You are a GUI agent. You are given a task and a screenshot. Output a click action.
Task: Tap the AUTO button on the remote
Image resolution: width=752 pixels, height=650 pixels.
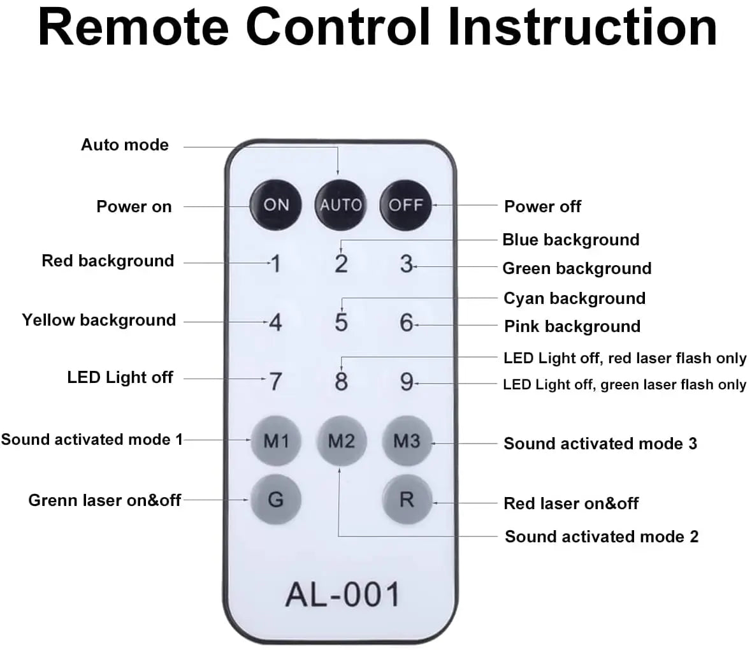[340, 205]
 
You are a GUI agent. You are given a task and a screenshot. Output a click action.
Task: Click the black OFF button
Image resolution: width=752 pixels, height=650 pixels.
[406, 205]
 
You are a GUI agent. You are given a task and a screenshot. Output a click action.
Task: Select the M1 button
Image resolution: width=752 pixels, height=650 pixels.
[276, 440]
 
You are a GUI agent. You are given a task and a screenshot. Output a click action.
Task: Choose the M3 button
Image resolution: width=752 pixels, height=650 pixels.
[407, 440]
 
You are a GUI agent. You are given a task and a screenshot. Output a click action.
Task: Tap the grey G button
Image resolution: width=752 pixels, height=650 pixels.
[275, 499]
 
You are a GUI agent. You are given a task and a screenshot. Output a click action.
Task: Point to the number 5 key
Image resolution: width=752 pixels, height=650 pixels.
[341, 322]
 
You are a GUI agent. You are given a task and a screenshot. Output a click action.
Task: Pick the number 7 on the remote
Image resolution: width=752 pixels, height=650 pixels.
[275, 381]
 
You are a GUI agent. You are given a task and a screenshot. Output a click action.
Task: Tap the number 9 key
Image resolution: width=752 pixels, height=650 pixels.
[407, 381]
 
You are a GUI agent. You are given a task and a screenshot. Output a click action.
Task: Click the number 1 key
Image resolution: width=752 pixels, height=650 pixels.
[275, 263]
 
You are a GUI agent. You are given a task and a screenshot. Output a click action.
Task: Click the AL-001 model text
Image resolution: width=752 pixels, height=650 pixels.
[342, 594]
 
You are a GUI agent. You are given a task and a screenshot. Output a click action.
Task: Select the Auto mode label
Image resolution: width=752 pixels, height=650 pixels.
[125, 145]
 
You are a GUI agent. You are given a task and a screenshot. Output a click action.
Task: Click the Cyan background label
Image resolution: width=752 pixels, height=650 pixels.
[574, 298]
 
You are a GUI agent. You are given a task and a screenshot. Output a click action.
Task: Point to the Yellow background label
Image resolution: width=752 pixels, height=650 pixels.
[99, 320]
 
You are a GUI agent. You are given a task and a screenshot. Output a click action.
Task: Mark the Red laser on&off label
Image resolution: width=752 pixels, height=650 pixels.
[571, 503]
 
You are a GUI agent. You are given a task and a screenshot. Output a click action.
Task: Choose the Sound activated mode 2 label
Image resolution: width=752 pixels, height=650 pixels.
[601, 537]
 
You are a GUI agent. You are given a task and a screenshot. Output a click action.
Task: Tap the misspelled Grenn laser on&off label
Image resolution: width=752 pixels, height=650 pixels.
[105, 500]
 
